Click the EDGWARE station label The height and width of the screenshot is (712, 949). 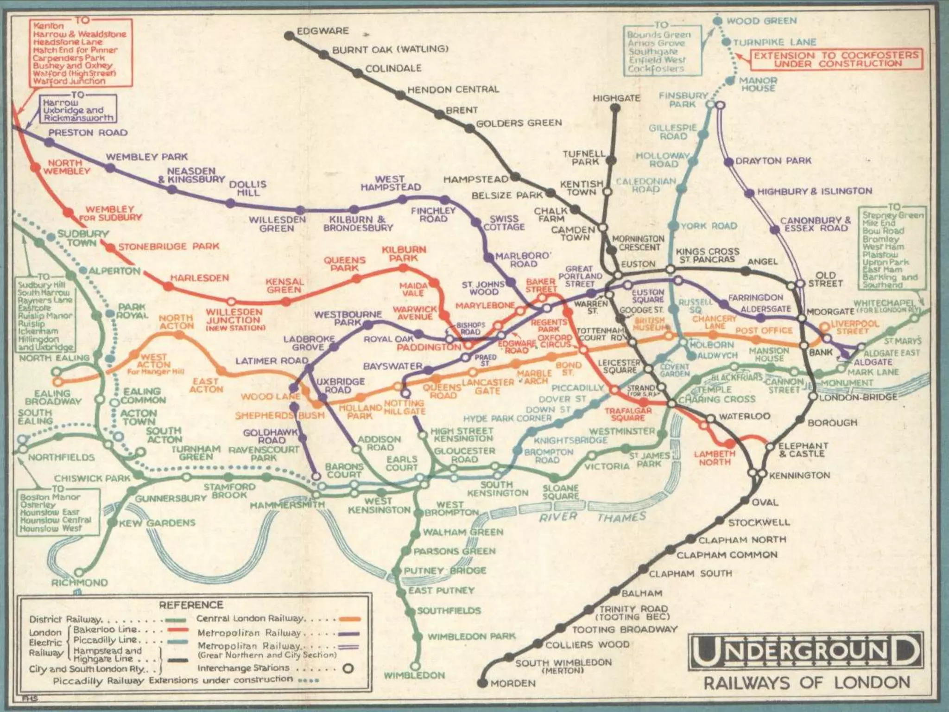click(323, 31)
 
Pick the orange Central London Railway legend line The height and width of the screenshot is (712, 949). click(349, 619)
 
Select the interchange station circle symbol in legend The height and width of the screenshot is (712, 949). click(348, 668)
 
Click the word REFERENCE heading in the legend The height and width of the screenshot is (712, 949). click(191, 605)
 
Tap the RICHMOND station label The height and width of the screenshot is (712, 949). click(79, 583)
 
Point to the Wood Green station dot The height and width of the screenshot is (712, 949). click(717, 21)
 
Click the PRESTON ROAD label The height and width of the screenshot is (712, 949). click(88, 133)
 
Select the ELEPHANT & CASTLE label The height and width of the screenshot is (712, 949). click(803, 450)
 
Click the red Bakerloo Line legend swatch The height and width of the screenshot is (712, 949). click(176, 629)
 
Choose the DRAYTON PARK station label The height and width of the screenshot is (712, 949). click(773, 160)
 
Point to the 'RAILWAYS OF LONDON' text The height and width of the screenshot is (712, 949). click(807, 683)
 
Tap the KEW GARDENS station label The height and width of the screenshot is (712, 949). click(157, 523)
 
